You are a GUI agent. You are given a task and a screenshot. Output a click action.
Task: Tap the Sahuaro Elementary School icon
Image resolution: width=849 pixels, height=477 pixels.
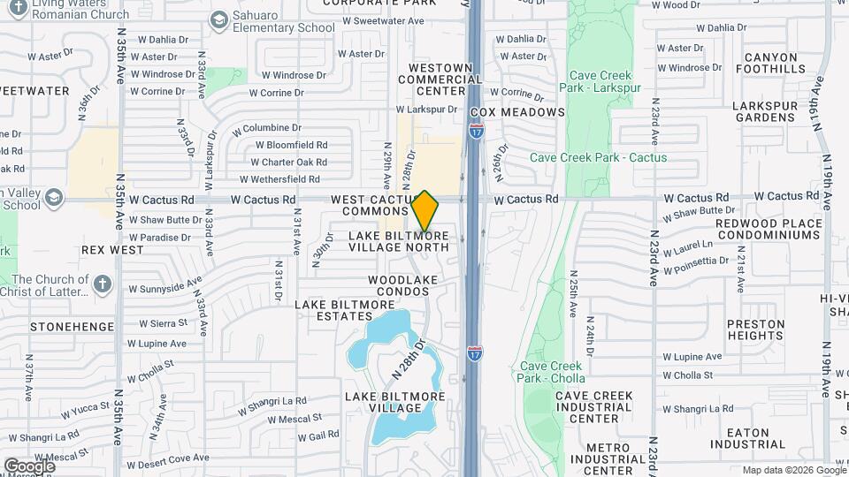pos(218,19)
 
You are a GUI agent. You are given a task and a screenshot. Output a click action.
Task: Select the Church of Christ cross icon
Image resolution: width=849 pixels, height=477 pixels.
pos(103,284)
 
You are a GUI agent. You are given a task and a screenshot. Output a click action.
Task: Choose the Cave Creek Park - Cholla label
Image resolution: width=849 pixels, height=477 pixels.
pos(551,373)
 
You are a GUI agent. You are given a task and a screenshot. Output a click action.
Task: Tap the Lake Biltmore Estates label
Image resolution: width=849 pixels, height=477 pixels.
pos(345,311)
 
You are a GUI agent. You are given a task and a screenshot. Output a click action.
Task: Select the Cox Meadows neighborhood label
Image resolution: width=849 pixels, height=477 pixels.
pos(517,112)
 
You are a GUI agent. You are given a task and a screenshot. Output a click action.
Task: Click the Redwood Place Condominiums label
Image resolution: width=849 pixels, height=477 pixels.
pos(755,230)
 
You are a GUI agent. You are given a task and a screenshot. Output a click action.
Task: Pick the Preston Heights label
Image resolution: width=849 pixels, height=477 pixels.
pos(756,329)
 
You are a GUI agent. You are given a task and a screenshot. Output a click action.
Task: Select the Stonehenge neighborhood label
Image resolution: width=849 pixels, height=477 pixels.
pos(72,327)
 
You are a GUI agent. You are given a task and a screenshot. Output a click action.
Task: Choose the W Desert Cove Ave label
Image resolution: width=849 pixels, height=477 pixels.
pos(168,458)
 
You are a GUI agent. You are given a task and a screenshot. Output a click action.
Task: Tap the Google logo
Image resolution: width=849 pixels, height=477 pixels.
pos(29,466)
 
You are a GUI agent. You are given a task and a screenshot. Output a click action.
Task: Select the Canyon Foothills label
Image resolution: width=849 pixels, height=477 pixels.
pos(765,64)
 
